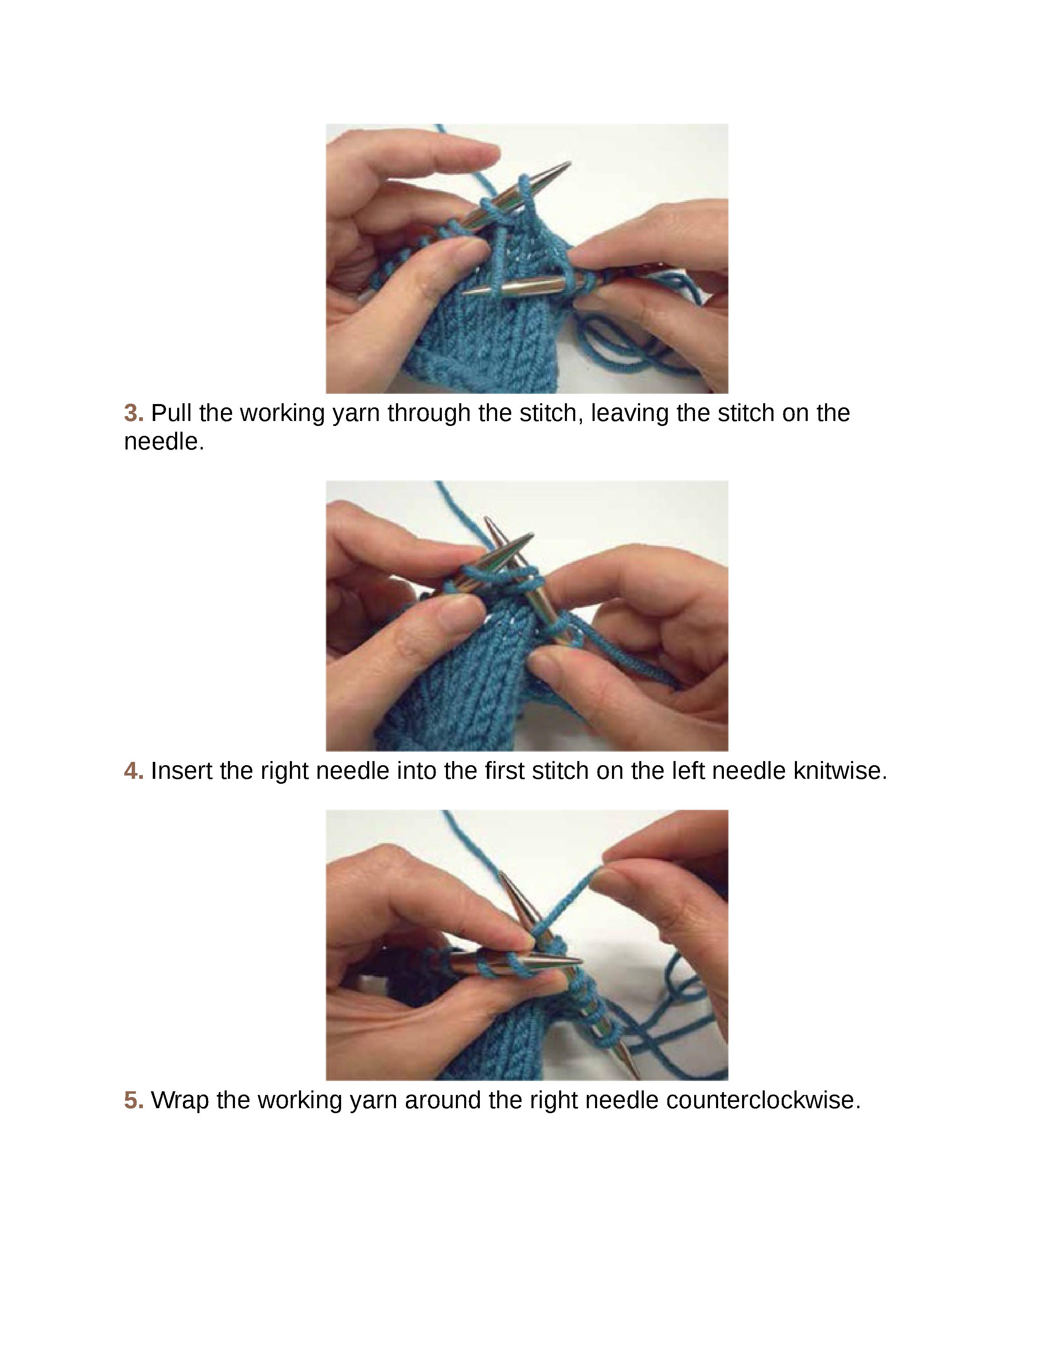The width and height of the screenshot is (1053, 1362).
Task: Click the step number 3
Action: coord(133,413)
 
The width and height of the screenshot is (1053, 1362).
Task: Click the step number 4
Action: coord(133,771)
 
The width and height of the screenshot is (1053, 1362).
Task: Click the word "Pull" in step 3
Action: coord(171,413)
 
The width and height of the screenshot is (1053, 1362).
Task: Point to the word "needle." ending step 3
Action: coord(164,442)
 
